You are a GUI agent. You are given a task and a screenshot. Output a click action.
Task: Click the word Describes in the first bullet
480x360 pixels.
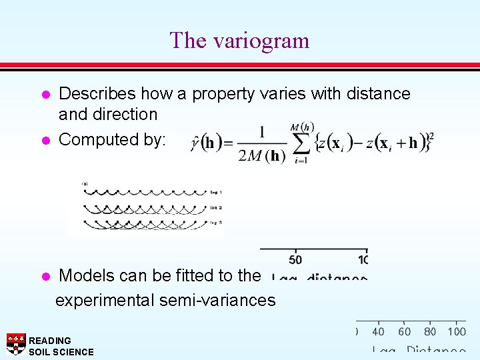[95, 94]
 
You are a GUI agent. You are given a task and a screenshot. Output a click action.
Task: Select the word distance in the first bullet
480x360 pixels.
[379, 94]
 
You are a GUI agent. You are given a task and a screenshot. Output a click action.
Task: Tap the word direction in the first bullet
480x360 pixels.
[125, 115]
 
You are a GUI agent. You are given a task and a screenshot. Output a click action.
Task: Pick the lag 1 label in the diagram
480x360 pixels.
[215, 191]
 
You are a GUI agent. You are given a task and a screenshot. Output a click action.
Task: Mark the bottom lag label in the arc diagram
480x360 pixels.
[215, 222]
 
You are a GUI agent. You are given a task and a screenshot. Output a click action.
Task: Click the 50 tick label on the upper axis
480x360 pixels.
[295, 259]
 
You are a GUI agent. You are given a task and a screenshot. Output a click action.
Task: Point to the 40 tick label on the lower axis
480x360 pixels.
[378, 331]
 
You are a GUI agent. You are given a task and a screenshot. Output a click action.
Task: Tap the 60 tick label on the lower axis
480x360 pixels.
[404, 331]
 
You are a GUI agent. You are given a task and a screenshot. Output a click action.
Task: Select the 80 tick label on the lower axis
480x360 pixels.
[430, 331]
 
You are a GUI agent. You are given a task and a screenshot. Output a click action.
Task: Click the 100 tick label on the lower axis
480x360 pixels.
[457, 331]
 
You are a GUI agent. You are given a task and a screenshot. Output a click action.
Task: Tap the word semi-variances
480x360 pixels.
[217, 301]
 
